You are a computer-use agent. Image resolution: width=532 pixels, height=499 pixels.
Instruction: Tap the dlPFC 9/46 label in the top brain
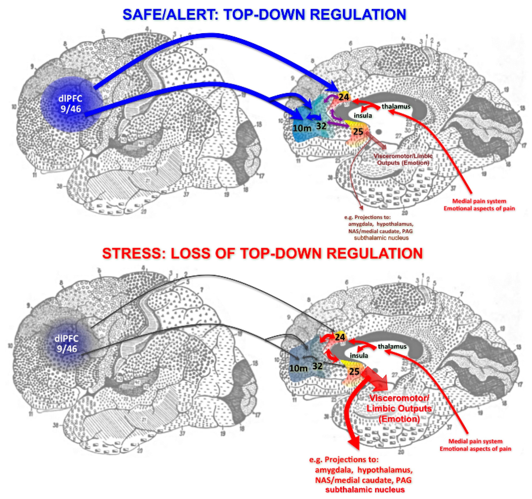70,104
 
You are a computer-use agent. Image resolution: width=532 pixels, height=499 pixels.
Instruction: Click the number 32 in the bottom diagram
317,366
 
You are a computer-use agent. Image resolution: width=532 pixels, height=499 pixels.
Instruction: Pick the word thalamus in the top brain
396,106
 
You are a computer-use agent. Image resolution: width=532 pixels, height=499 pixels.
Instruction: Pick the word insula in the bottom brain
359,355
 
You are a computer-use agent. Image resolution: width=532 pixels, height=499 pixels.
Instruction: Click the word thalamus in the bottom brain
392,346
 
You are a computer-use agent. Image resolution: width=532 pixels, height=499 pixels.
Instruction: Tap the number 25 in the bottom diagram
354,371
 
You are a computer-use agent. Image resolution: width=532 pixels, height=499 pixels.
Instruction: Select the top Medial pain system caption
479,201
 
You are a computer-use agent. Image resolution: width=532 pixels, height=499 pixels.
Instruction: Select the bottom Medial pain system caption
475,441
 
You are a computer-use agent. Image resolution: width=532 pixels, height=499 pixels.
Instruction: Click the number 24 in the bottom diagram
340,337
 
